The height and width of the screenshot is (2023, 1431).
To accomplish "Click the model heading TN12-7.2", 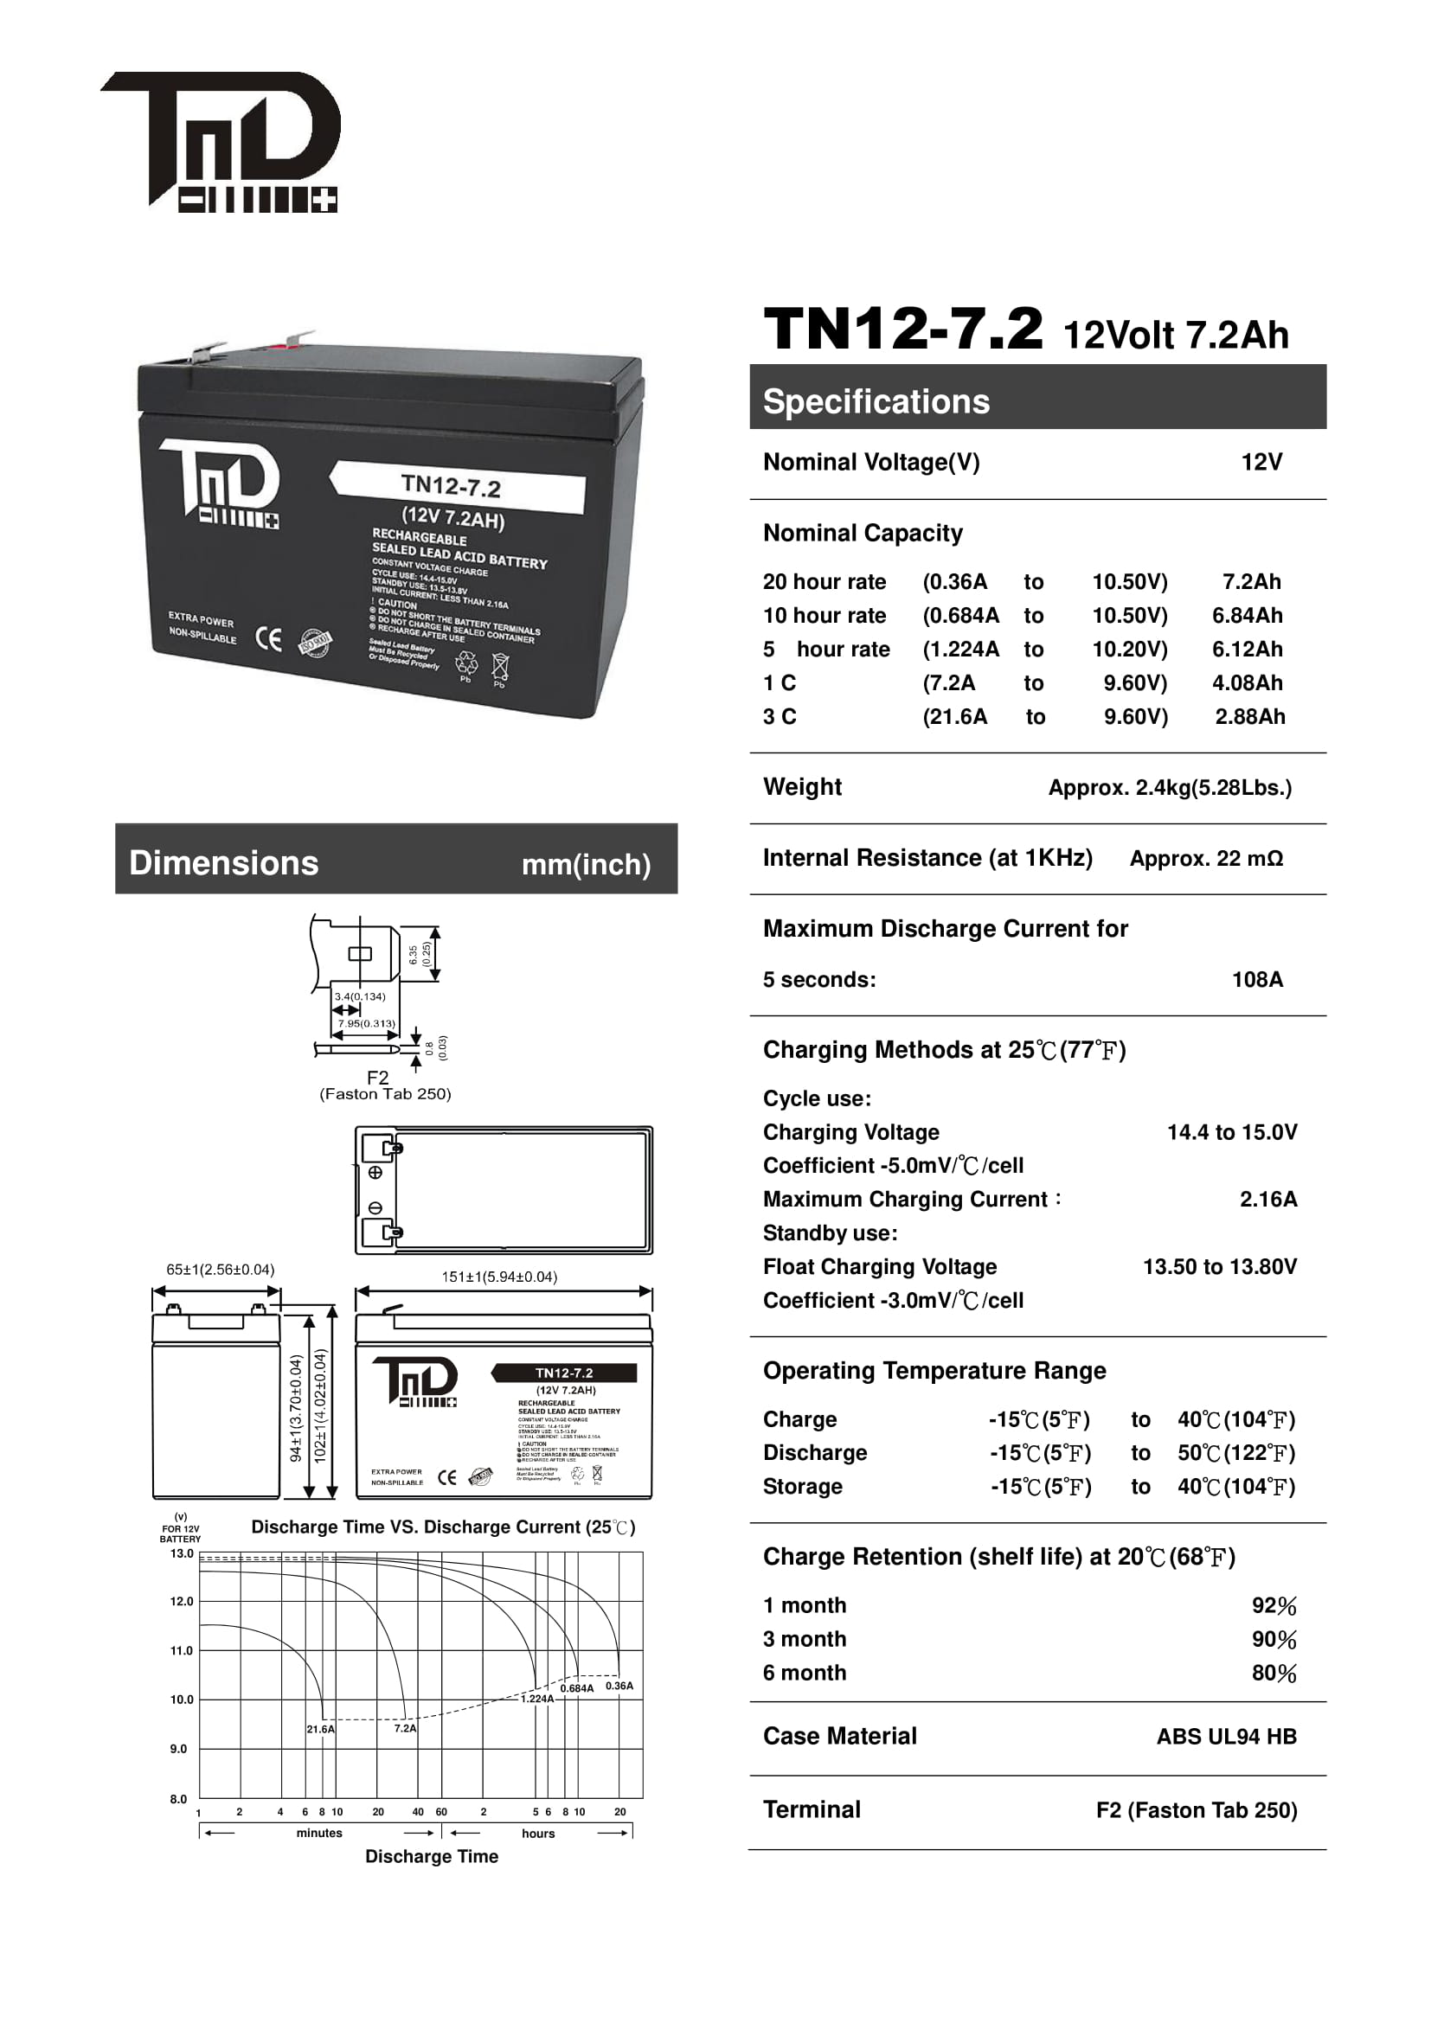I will (x=902, y=330).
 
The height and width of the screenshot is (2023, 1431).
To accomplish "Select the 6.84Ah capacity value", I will (x=1247, y=616).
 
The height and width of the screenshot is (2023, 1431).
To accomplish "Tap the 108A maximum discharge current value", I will (x=1256, y=980).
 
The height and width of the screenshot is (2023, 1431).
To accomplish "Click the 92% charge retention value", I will (x=1274, y=1606).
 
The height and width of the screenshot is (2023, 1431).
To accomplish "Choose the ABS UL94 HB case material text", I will (x=1226, y=1737).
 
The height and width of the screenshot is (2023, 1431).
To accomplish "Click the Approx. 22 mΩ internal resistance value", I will (x=1205, y=859).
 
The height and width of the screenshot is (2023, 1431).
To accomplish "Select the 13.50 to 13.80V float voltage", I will (x=1220, y=1267).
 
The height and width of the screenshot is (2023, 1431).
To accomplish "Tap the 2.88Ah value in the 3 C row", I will (x=1249, y=717).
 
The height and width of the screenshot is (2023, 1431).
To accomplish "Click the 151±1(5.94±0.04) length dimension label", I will (x=498, y=1277).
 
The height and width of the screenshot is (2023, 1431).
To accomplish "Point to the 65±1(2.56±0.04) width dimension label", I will (x=221, y=1270).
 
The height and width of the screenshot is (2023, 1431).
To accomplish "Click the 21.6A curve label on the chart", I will (x=321, y=1730).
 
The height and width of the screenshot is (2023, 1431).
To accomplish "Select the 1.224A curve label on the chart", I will (x=537, y=1699).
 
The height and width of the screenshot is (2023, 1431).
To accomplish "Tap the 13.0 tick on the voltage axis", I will (x=182, y=1553).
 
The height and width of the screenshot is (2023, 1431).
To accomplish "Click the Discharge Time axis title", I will (x=432, y=1856).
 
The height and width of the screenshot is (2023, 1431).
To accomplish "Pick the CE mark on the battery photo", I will (x=269, y=638).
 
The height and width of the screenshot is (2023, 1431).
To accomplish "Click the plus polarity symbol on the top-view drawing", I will (x=375, y=1173).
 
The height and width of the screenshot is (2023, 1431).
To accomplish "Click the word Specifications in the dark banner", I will (x=876, y=402).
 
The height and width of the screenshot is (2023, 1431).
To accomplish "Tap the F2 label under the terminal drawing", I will (x=377, y=1078).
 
